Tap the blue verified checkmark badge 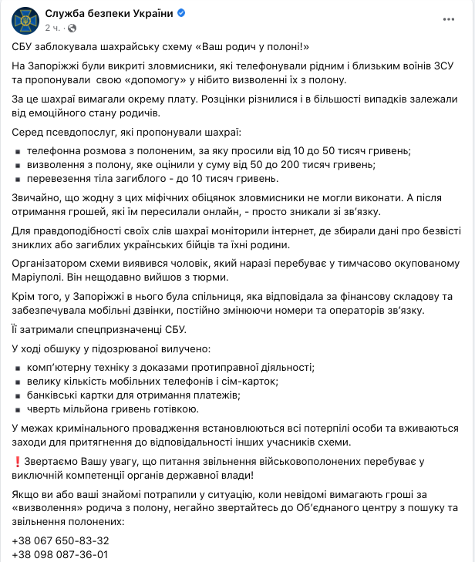181,13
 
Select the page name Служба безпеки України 109,13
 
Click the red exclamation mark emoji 17,460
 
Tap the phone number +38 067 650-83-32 61,540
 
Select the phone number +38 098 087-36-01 61,554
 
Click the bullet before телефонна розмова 18,151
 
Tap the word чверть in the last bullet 44,409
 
